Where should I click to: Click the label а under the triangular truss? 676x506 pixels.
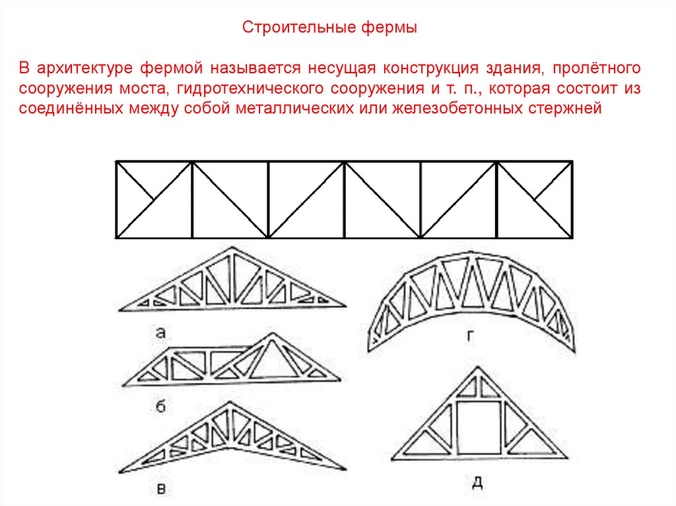(x=160, y=333)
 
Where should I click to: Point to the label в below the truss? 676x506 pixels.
(x=160, y=489)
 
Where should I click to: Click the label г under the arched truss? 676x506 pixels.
(x=470, y=336)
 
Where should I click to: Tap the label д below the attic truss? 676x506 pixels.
(x=477, y=483)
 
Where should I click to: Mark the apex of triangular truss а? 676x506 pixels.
(x=230, y=249)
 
